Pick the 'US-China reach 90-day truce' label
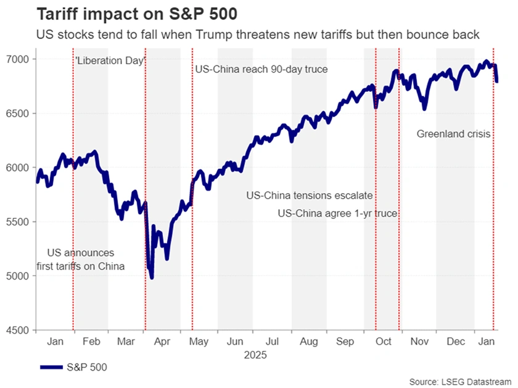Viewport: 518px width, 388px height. [x=261, y=70]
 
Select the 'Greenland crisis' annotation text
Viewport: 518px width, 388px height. [x=453, y=133]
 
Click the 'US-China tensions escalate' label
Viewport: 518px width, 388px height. [x=310, y=196]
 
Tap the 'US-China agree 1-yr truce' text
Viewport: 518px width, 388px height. [x=337, y=213]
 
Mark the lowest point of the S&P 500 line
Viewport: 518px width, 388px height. [x=152, y=278]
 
